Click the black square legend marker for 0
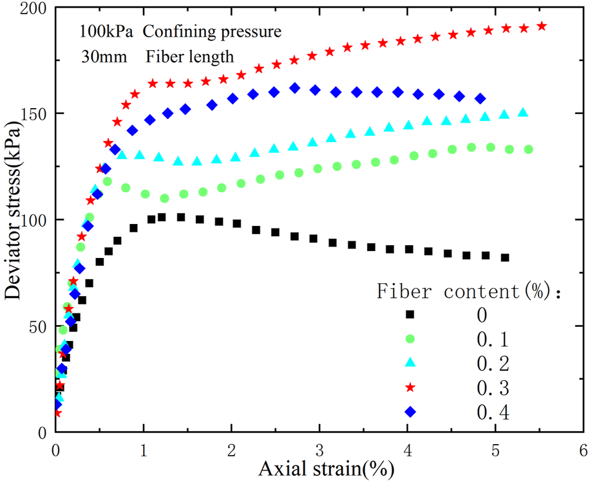click(x=409, y=315)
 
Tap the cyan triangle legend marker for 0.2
click(x=409, y=363)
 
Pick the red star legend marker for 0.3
click(x=409, y=387)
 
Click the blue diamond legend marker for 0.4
click(x=409, y=411)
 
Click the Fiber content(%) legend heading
click(x=470, y=292)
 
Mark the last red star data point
click(x=542, y=26)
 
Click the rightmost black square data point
click(x=505, y=257)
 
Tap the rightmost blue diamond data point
click(x=481, y=98)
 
